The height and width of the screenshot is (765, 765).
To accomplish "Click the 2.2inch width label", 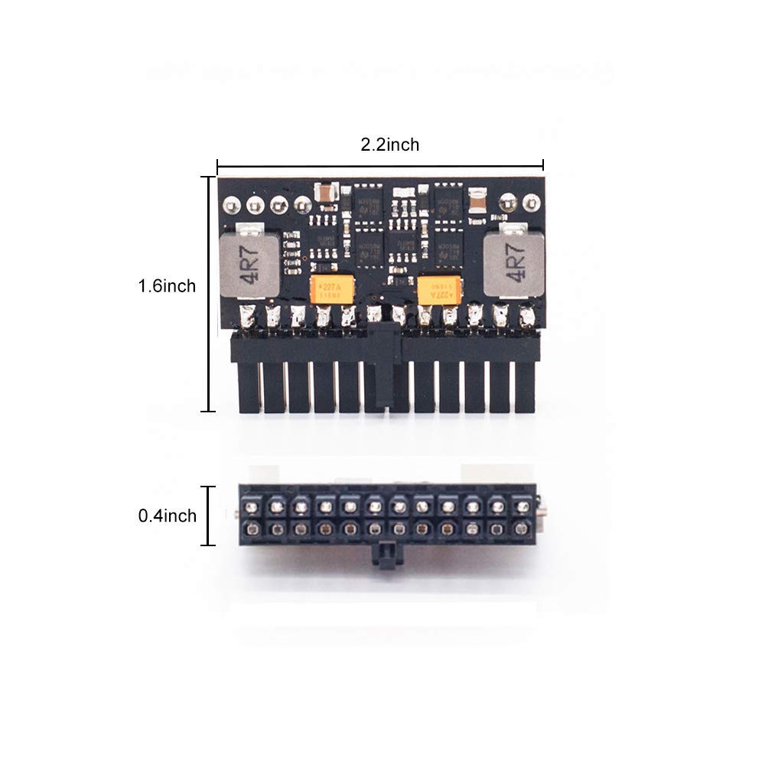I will click(390, 145).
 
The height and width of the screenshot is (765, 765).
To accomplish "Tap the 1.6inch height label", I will click(167, 286).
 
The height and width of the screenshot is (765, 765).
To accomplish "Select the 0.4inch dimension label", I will click(167, 516).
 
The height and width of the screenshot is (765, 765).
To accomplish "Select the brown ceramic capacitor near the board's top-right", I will click(476, 197).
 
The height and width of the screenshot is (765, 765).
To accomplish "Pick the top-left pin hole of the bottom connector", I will click(250, 507).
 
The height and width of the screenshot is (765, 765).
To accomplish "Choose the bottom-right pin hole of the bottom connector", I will click(522, 529).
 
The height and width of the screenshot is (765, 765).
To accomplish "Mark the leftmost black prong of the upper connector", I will click(249, 386).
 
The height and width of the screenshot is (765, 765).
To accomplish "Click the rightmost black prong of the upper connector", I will click(525, 386).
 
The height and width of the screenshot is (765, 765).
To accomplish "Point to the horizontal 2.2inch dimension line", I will click(380, 164).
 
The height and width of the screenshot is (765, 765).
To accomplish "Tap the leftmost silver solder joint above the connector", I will click(248, 315).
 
